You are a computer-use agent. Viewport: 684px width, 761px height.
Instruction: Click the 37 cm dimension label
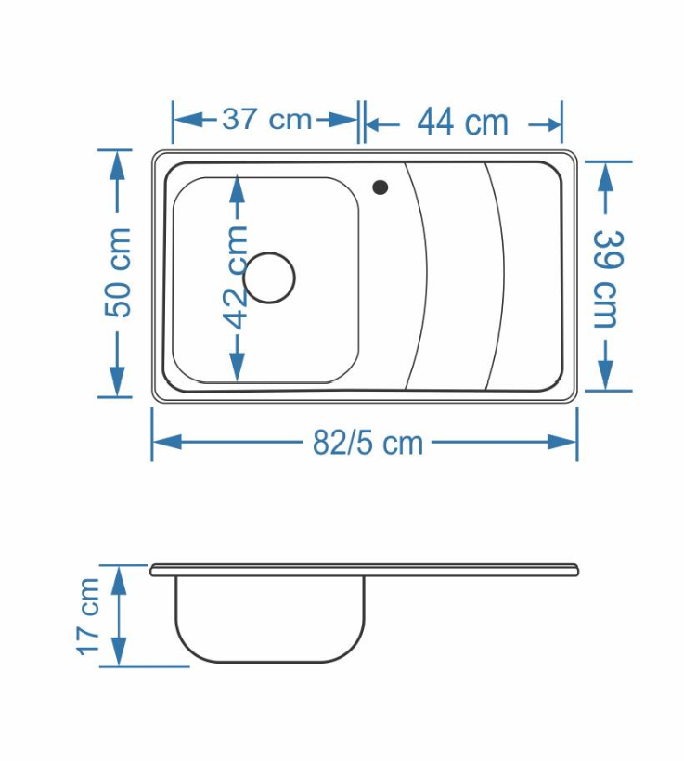pos(266,120)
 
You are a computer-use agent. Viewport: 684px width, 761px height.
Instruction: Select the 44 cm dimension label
pos(462,123)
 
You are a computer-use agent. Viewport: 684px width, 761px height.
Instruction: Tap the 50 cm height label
pos(119,272)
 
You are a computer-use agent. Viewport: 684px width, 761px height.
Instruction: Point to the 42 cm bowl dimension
pos(236,277)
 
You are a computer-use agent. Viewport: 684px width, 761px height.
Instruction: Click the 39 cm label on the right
pos(606,278)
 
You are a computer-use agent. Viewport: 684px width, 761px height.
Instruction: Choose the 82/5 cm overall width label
pos(368,443)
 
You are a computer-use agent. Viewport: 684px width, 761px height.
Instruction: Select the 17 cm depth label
pos(88,616)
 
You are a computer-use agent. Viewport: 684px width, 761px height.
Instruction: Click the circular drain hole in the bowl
pos(269,277)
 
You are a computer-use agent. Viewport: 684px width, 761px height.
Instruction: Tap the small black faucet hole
pos(381,187)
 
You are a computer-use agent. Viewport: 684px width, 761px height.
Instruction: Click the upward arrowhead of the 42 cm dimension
pos(237,188)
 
